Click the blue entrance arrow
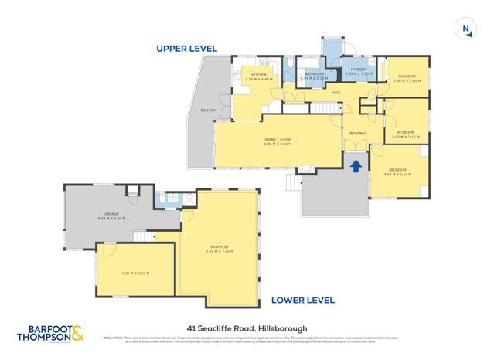[x=356, y=166]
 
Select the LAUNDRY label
[x=358, y=71]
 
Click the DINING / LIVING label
[x=276, y=140]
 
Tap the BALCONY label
[x=208, y=110]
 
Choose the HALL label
[x=337, y=93]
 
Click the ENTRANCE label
[x=356, y=134]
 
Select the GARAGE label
[x=111, y=215]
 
